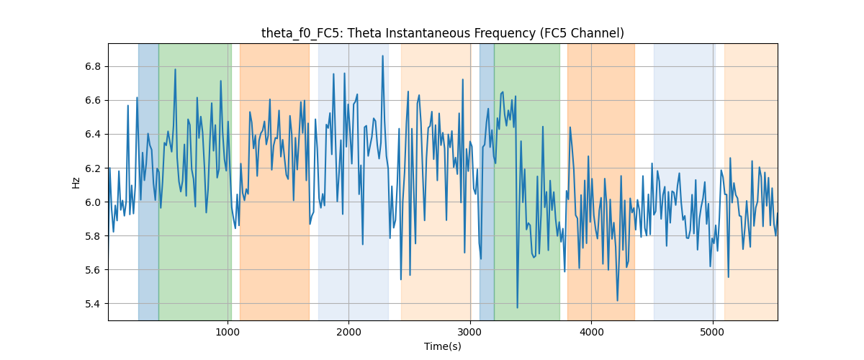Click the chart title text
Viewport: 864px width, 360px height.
[442, 33]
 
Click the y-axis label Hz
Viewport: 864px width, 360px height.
[76, 183]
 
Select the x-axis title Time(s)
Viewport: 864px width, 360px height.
[442, 346]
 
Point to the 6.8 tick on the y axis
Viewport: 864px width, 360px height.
[93, 67]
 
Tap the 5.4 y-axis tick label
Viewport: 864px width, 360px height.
[93, 304]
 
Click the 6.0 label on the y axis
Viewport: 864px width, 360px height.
[93, 202]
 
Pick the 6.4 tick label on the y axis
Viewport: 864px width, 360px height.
[93, 134]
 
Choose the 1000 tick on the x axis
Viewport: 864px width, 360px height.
[228, 332]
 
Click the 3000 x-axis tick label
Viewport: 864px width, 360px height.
[470, 332]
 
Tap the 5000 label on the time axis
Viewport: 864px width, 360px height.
[713, 332]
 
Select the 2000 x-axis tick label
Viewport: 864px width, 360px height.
[348, 332]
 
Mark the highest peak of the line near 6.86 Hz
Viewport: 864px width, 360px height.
[382, 56]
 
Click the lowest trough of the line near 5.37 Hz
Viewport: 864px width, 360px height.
[517, 307]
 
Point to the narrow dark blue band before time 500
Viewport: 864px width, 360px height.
[148, 181]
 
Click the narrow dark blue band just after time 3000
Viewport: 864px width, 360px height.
[487, 181]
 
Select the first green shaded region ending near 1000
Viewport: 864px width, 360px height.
[195, 181]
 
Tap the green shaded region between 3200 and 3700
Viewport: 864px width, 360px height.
[527, 181]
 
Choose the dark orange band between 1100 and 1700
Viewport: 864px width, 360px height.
[274, 181]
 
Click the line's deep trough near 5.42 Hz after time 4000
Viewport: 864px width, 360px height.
[618, 300]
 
